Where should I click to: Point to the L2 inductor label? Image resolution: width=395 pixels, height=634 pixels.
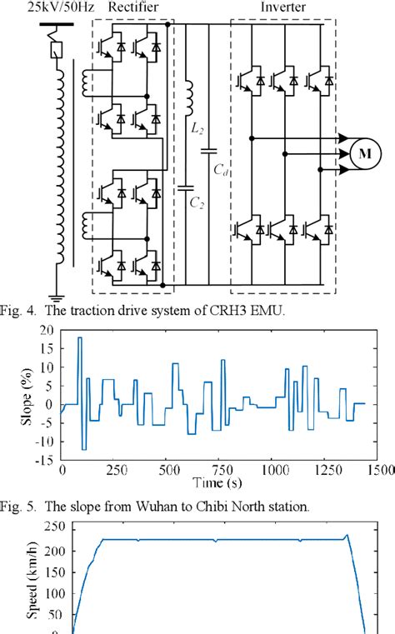click(x=197, y=130)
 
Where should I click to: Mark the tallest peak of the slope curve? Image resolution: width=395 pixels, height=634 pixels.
click(x=79, y=337)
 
